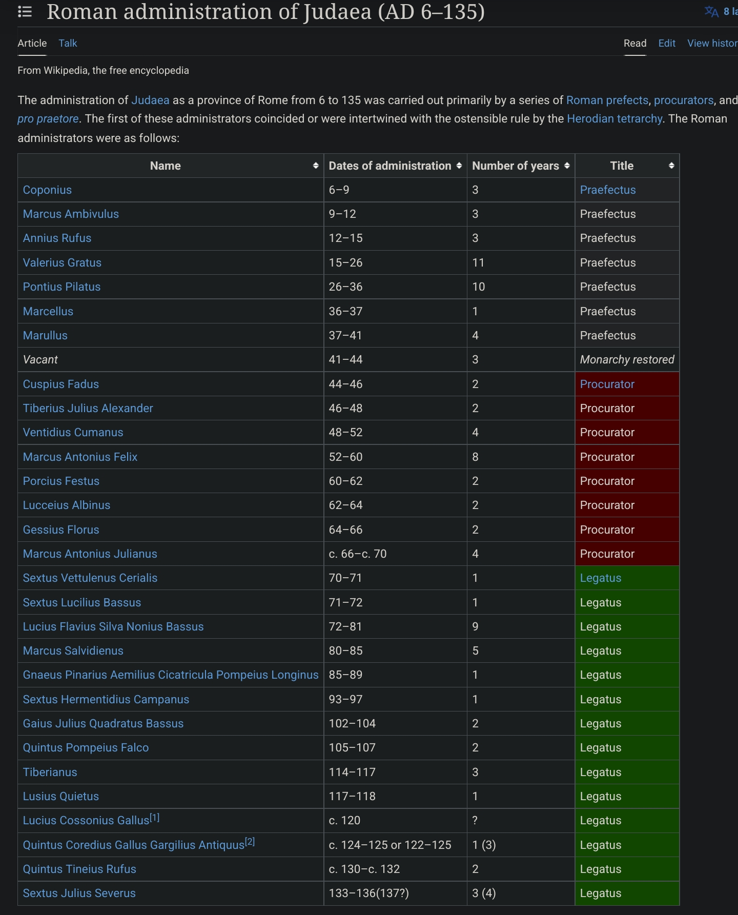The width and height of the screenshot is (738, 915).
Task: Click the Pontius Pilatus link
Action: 61,287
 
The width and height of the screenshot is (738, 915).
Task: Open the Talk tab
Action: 68,44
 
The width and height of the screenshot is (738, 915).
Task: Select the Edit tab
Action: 666,44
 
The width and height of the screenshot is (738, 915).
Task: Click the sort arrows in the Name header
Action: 316,166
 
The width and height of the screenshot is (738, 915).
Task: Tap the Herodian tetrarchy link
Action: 614,119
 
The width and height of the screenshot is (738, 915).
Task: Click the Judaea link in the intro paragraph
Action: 150,100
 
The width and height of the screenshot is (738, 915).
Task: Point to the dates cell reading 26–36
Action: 345,287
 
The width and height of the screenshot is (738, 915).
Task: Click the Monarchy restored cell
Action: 627,360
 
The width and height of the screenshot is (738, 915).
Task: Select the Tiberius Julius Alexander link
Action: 88,409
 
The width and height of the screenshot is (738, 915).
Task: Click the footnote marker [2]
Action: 250,842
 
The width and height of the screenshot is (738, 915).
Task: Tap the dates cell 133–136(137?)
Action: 368,893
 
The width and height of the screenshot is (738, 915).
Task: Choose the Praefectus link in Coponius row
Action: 607,190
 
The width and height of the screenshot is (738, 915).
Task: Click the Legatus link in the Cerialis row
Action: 600,578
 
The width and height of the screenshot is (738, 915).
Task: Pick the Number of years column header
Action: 515,166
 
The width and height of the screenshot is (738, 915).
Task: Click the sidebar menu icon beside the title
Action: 25,12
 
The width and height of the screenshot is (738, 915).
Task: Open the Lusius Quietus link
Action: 60,797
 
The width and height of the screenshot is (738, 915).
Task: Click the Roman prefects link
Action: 607,100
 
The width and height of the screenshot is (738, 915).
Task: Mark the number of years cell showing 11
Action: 478,263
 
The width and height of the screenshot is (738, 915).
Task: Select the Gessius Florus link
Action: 61,530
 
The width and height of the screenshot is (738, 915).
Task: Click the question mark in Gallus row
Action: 475,821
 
